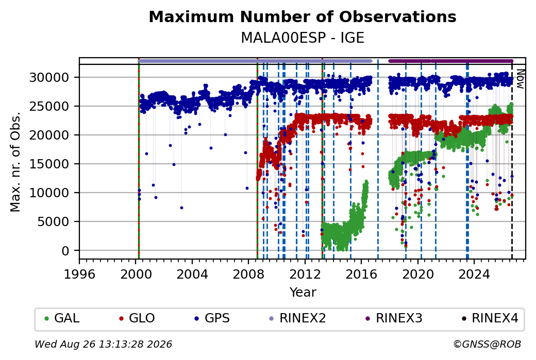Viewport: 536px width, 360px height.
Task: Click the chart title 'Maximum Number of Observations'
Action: click(303, 16)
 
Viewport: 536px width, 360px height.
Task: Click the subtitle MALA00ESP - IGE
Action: click(303, 38)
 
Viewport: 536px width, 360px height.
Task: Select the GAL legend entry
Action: click(62, 318)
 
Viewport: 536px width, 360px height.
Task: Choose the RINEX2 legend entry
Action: click(297, 318)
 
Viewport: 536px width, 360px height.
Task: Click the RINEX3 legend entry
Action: click(394, 318)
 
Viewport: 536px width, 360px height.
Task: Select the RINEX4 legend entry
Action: click(490, 318)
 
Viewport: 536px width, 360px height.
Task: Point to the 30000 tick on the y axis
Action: click(49, 78)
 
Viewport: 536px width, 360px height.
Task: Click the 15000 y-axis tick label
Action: click(49, 164)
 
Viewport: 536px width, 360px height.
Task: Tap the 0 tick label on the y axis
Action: click(65, 251)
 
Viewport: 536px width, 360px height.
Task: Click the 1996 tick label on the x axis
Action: click(79, 275)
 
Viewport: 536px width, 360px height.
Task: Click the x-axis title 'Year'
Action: click(303, 293)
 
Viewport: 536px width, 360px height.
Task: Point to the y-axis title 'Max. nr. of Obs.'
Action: click(15, 162)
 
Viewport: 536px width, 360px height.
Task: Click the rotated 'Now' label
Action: click(520, 79)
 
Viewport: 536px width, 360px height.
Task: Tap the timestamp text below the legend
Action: click(104, 344)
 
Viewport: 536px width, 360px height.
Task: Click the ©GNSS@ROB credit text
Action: click(487, 344)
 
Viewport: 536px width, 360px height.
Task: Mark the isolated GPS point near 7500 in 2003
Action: click(181, 208)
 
